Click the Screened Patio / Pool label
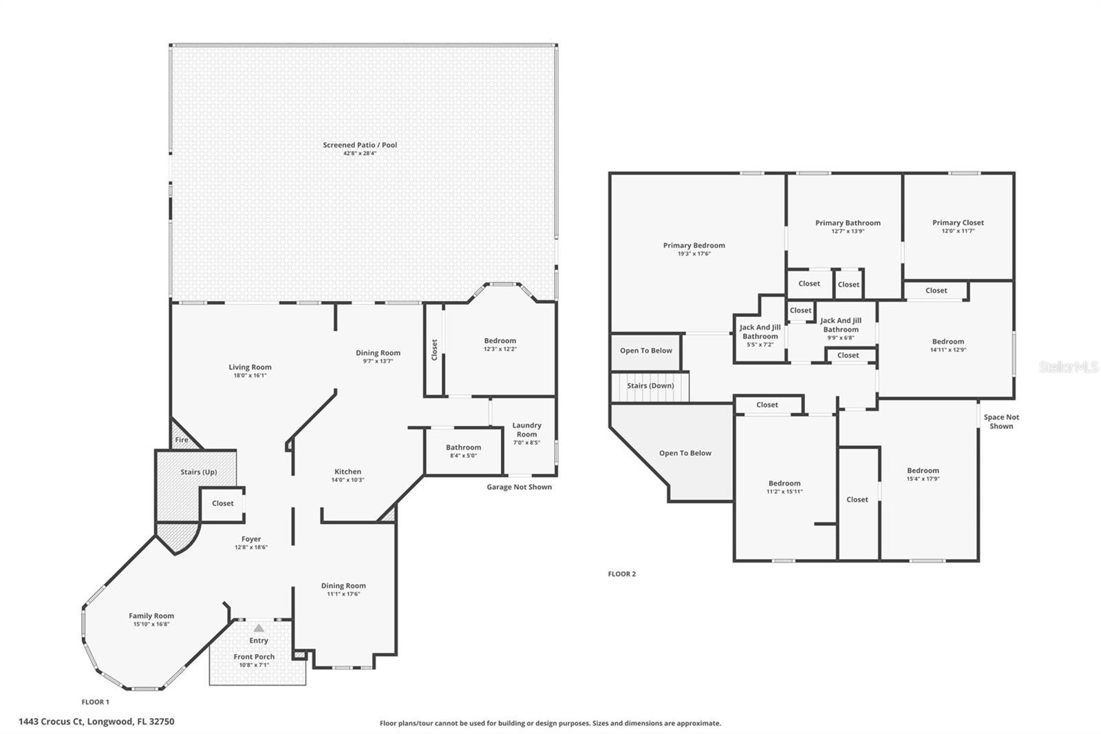pyautogui.click(x=360, y=145)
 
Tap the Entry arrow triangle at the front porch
pyautogui.click(x=258, y=629)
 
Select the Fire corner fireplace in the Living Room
pyautogui.click(x=182, y=440)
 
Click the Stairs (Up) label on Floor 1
pyautogui.click(x=198, y=472)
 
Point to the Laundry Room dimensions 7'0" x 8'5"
pyautogui.click(x=526, y=443)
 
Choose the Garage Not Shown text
pyautogui.click(x=519, y=487)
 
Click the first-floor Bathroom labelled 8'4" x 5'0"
pyautogui.click(x=463, y=451)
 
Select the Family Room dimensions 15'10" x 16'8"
pyautogui.click(x=151, y=625)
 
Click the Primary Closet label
pyautogui.click(x=958, y=222)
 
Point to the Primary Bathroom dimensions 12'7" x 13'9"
pyautogui.click(x=848, y=231)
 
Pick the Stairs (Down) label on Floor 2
pyautogui.click(x=650, y=386)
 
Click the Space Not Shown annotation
pyautogui.click(x=1001, y=421)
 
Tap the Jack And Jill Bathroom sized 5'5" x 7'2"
pyautogui.click(x=760, y=335)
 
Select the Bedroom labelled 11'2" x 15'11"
pyautogui.click(x=784, y=487)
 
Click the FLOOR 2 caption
pyautogui.click(x=621, y=574)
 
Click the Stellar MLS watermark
pyautogui.click(x=1069, y=367)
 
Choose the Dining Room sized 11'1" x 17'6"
pyautogui.click(x=343, y=589)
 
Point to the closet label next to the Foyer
pyautogui.click(x=222, y=503)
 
